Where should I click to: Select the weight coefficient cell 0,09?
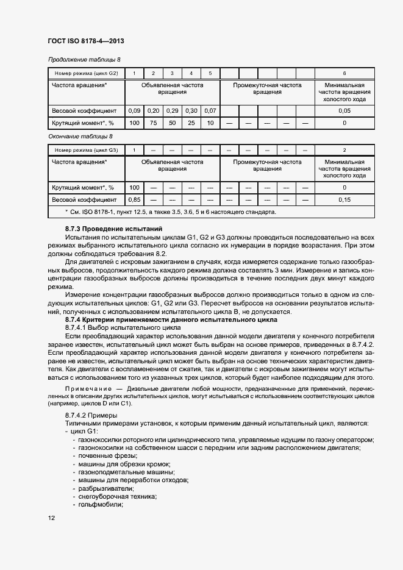coord(134,110)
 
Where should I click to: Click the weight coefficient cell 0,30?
coord(191,110)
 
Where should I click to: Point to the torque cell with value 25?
coord(191,123)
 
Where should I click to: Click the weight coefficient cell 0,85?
coord(134,199)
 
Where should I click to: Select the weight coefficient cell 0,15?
coord(344,199)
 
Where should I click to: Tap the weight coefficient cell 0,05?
coord(344,110)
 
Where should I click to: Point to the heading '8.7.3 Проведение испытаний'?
coord(105,228)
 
